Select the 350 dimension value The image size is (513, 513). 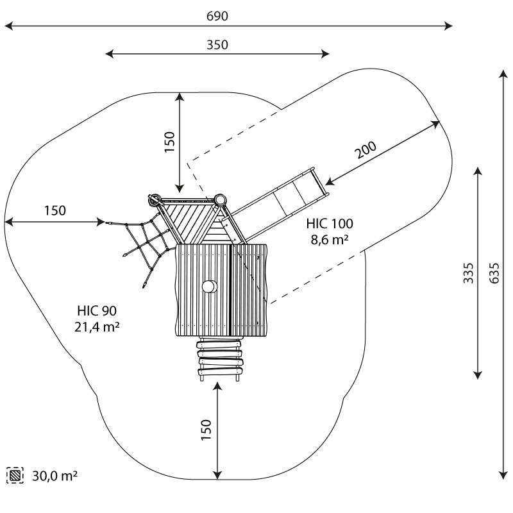pos(218,44)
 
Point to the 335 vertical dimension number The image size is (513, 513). pos(469,273)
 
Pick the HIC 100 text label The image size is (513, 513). pos(330,224)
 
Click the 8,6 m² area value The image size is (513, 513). pos(330,239)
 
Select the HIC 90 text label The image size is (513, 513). pos(95,312)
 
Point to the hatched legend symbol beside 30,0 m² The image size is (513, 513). pos(14,476)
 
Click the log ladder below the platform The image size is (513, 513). pos(220,360)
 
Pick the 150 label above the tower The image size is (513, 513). pos(169,142)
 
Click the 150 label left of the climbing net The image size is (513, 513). pos(55,210)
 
